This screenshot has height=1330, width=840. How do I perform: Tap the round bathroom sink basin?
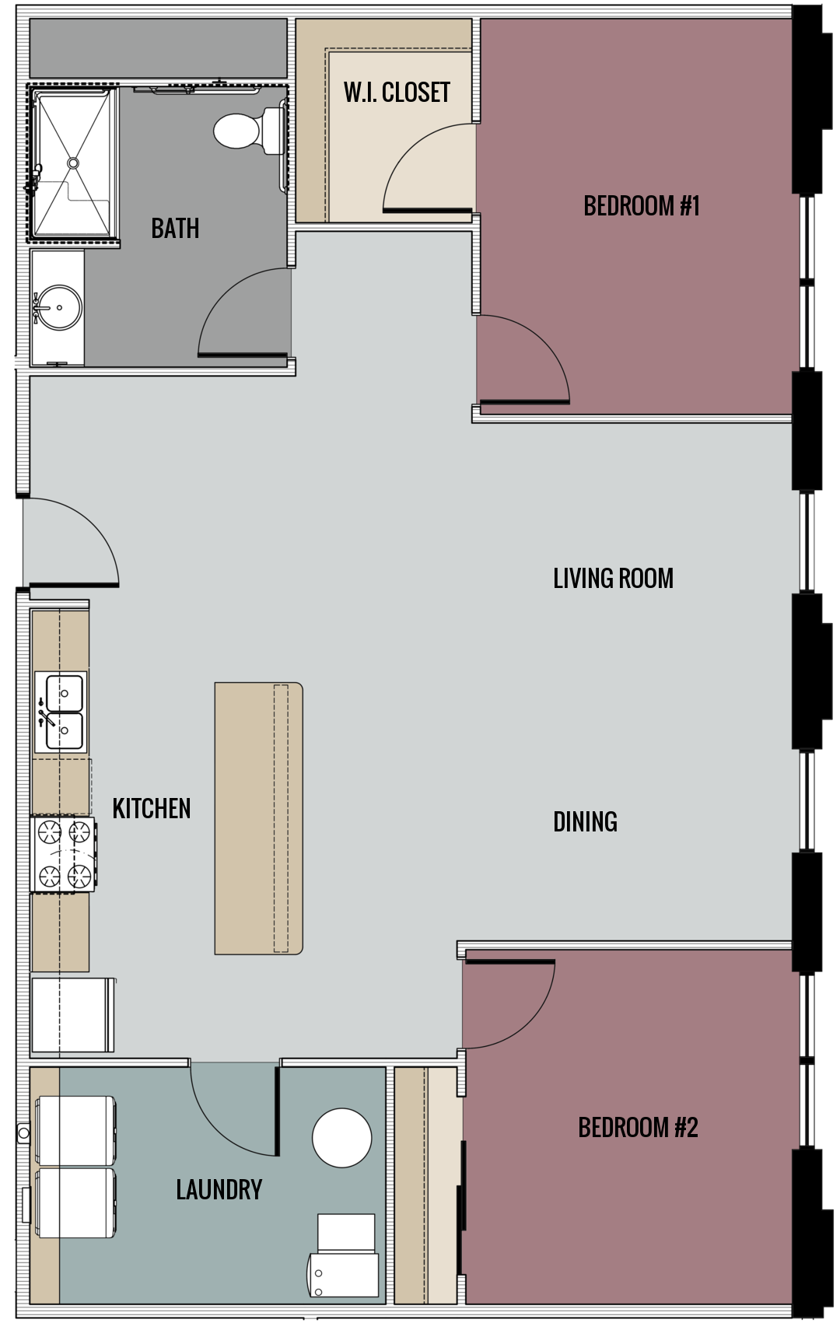point(58,308)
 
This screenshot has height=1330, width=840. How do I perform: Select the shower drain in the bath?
point(73,163)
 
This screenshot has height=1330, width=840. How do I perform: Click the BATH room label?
point(175,228)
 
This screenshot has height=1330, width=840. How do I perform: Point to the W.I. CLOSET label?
point(397,93)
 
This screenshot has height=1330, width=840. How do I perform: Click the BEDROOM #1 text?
point(642,206)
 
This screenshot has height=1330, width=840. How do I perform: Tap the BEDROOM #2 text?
point(638,1127)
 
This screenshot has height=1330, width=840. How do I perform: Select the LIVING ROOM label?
point(613,579)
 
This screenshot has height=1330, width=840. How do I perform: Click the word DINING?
point(585,822)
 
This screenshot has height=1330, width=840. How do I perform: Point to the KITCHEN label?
point(152,809)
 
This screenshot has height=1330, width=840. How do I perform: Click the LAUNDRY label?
point(219,1189)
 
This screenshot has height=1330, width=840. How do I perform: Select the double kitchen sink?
point(61,712)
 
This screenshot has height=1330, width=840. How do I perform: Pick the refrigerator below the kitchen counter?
point(72,1014)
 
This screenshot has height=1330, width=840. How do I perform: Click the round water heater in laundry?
point(341,1137)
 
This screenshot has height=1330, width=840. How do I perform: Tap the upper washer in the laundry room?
point(76,1130)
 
